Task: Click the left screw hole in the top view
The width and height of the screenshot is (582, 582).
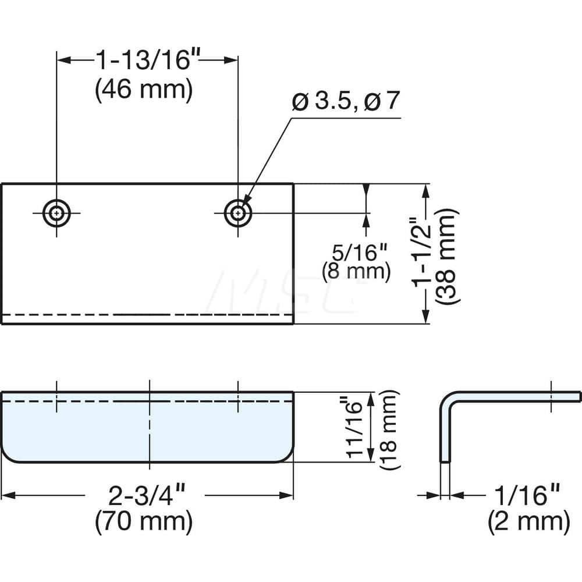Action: click(x=56, y=213)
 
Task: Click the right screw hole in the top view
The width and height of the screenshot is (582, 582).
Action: click(x=238, y=213)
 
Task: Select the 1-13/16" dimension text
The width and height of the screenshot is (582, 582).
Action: click(x=143, y=61)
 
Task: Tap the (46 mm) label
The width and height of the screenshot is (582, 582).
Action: click(x=143, y=90)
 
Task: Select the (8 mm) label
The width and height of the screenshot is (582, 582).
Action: click(x=356, y=271)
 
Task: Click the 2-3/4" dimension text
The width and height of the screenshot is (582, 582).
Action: click(x=143, y=496)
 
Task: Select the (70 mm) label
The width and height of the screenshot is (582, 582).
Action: click(x=143, y=521)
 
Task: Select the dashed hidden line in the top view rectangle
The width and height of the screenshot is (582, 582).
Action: click(x=145, y=314)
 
